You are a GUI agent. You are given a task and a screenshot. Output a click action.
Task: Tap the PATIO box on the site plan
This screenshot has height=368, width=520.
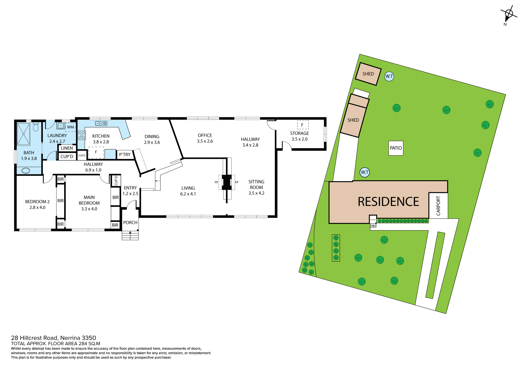396,148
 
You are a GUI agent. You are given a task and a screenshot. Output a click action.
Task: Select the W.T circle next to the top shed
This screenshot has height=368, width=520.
389,76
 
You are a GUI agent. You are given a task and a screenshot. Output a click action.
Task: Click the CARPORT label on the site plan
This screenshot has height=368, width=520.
438,206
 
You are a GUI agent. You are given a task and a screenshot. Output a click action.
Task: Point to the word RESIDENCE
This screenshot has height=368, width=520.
388,202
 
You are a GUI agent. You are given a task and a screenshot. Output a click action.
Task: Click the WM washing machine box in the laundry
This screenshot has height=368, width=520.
70,127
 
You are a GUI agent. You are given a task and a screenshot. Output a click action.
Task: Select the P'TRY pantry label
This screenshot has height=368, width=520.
125,154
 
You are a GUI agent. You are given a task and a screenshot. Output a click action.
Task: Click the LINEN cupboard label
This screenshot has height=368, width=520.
67,148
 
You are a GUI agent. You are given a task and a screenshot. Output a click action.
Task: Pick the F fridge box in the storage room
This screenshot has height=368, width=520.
303,125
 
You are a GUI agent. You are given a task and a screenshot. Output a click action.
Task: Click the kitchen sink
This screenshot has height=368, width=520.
101,124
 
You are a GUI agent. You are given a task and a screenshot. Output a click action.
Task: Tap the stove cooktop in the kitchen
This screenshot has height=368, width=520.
82,135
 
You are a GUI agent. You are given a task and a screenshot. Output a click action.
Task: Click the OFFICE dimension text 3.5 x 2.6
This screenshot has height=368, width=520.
205,141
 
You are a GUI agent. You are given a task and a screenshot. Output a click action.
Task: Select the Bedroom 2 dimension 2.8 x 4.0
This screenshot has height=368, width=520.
37,207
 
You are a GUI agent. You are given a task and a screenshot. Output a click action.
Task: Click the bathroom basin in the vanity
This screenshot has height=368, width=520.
26,171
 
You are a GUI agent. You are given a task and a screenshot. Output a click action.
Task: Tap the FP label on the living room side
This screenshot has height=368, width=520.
216,182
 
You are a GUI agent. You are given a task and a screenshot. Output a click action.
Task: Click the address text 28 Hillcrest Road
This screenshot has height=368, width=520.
34,338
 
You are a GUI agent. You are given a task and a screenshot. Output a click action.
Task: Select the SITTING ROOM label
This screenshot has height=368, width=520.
256,185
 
